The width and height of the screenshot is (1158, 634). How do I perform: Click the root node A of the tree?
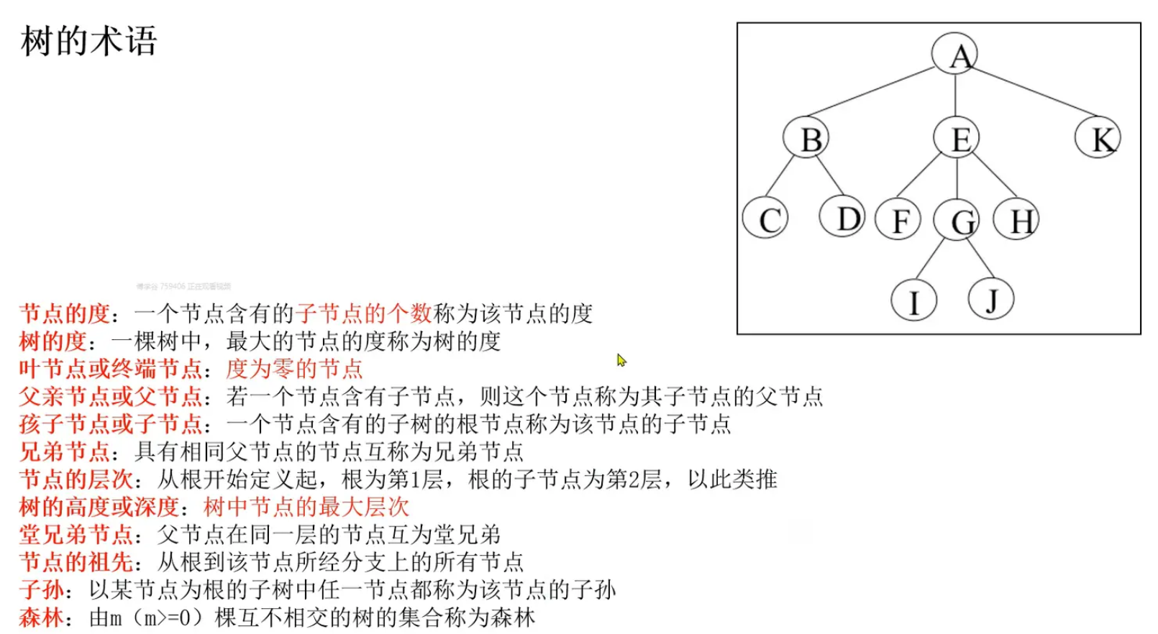(954, 55)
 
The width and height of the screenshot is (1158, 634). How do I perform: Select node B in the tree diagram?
(806, 138)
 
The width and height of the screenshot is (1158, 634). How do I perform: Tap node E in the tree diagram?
(957, 138)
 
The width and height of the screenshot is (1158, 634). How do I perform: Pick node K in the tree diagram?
(1098, 138)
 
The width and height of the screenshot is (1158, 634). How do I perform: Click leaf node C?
(765, 219)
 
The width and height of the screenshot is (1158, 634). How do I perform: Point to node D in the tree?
(843, 217)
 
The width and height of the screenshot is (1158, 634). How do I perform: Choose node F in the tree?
(898, 219)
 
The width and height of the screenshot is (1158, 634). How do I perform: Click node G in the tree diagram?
(957, 221)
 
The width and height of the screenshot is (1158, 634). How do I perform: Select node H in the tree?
(1016, 219)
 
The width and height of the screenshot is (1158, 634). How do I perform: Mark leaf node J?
(991, 298)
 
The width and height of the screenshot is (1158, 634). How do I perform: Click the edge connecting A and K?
(1029, 93)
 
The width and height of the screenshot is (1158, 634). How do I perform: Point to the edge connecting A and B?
(874, 91)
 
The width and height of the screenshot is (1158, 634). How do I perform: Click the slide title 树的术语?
(88, 41)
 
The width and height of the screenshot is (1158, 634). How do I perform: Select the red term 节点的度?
(64, 313)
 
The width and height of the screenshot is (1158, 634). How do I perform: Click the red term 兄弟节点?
(64, 451)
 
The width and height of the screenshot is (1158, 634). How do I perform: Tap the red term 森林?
(41, 617)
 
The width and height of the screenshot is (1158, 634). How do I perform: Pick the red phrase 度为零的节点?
(294, 369)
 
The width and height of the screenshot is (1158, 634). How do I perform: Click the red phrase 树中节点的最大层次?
(306, 507)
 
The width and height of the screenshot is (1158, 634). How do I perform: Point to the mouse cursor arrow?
(621, 359)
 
